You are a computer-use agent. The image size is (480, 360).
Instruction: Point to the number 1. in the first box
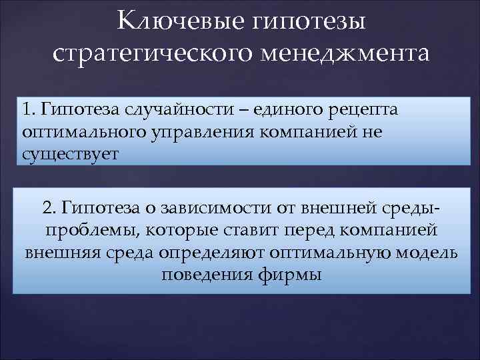tap(29, 108)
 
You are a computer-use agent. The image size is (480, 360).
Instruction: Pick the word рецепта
tap(362, 108)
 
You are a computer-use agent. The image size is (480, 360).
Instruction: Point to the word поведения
tap(206, 275)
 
